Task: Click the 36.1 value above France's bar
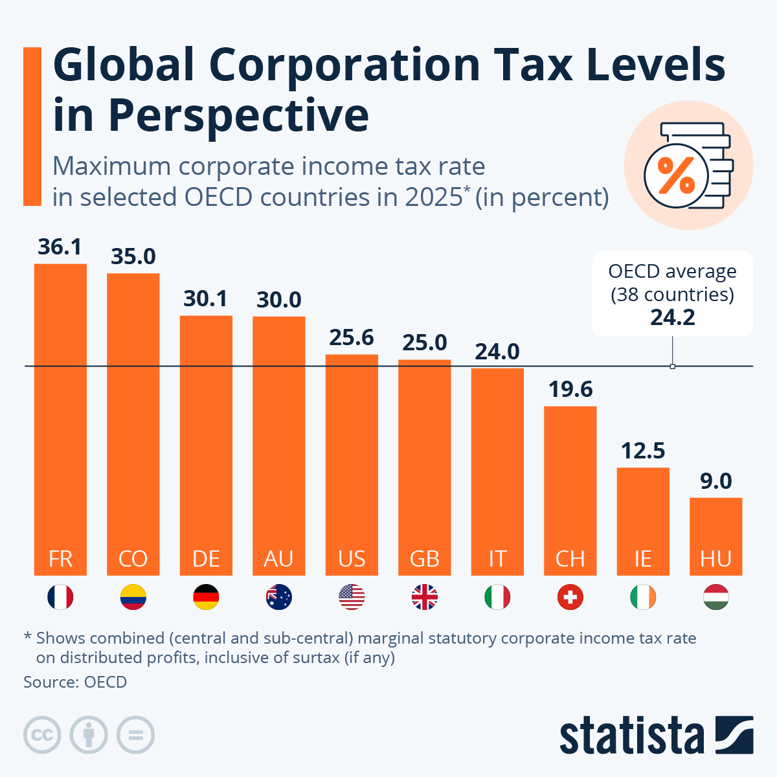[60, 247]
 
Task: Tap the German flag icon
[206, 597]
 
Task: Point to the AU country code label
[278, 559]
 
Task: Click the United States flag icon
[352, 597]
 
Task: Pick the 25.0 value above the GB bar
[424, 342]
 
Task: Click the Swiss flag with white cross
[570, 597]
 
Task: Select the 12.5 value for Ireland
[643, 451]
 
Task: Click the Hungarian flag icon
[715, 597]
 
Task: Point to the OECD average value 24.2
[673, 317]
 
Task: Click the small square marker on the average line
[673, 366]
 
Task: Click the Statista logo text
[631, 736]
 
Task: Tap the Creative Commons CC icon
[42, 736]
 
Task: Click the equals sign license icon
[135, 736]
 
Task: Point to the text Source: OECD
[75, 682]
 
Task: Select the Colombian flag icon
[133, 597]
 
